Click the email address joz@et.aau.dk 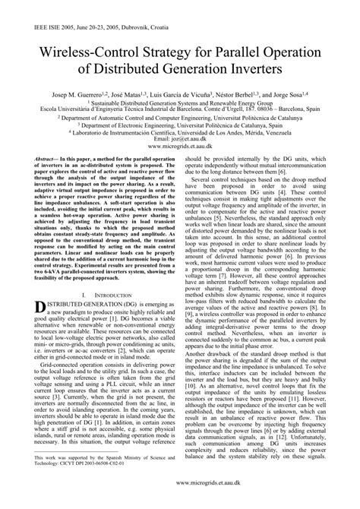click(x=179, y=141)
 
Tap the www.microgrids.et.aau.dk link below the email click(x=179, y=147)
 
